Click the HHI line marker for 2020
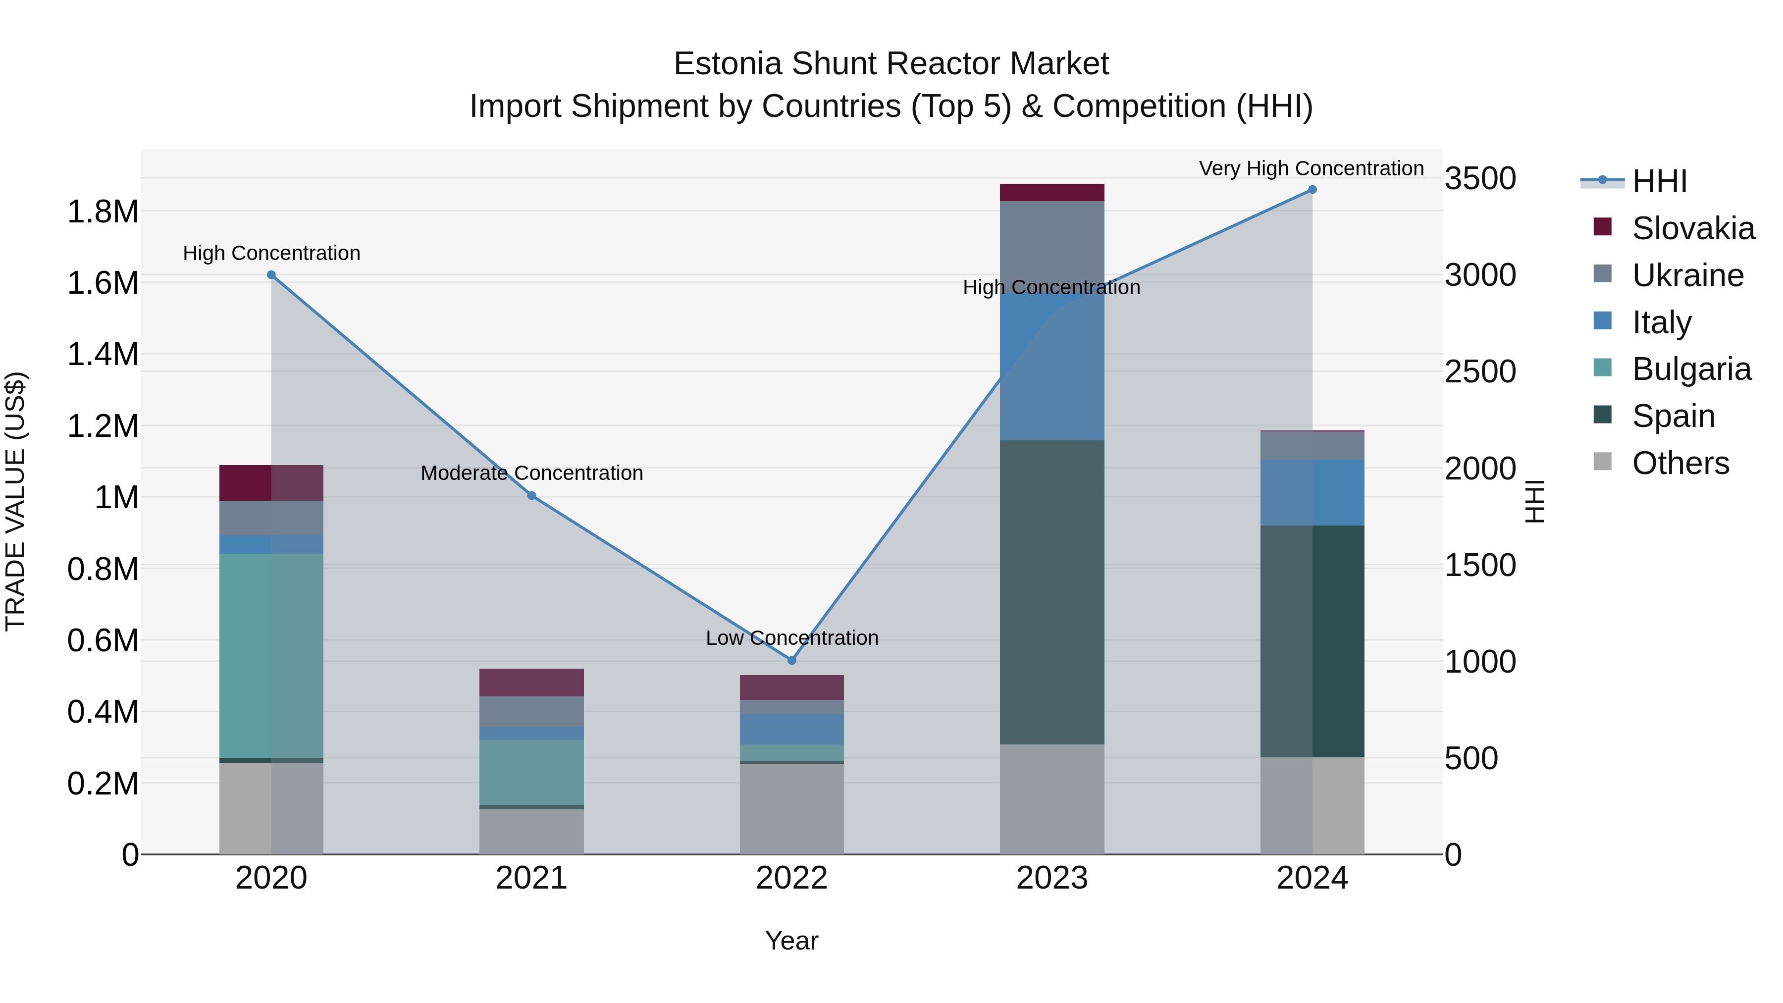pos(271,275)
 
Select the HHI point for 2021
pos(531,496)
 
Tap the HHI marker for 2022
pos(792,660)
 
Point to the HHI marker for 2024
pos(1312,190)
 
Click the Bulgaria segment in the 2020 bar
pos(271,655)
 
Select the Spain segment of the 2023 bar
pos(1052,592)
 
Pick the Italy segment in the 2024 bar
pos(1312,492)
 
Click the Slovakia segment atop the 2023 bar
pos(1052,193)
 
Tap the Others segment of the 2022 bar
pos(792,808)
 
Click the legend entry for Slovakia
pos(1693,228)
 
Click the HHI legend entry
pos(1659,181)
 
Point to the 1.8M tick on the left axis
pos(103,212)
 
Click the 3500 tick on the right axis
pos(1480,179)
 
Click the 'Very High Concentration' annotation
pos(1311,168)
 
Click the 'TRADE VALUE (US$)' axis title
pos(15,501)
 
